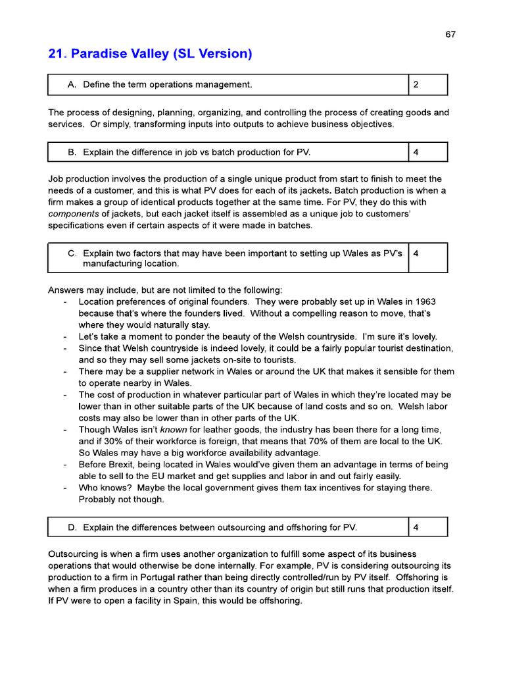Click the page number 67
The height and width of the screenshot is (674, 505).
[x=450, y=35]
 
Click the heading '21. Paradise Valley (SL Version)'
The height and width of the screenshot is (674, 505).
[x=150, y=54]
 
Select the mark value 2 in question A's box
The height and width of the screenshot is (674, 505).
[x=416, y=85]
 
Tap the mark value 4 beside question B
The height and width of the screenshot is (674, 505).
[x=416, y=153]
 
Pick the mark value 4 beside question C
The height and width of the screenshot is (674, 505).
[x=416, y=253]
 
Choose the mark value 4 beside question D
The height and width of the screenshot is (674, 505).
[x=416, y=527]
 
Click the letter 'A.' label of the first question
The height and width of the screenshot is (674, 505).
[x=73, y=85]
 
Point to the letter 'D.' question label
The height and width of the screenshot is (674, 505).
[x=73, y=527]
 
